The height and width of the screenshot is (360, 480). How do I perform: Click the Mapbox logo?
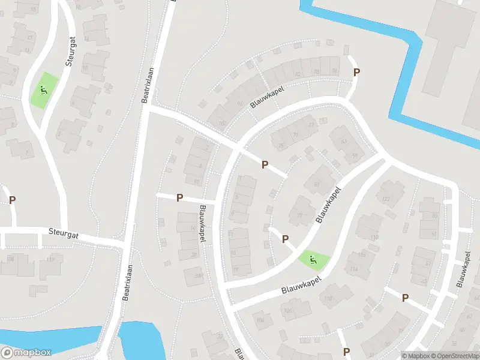26,352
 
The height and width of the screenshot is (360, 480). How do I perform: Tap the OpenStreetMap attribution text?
454,356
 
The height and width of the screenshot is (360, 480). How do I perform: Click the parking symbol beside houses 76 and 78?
357,73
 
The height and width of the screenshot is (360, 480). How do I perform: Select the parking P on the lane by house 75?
265,164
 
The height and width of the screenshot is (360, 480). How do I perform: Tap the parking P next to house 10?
179,198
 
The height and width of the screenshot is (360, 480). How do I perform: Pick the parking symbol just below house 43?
405,298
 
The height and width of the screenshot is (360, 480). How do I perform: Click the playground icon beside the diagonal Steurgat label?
43,91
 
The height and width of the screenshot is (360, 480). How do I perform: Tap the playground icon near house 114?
312,260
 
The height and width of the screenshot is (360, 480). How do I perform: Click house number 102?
223,124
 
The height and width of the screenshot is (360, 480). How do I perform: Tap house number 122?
386,199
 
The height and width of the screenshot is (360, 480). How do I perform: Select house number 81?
317,184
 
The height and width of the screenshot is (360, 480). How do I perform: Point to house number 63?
344,142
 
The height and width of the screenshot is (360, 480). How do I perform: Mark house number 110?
328,298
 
